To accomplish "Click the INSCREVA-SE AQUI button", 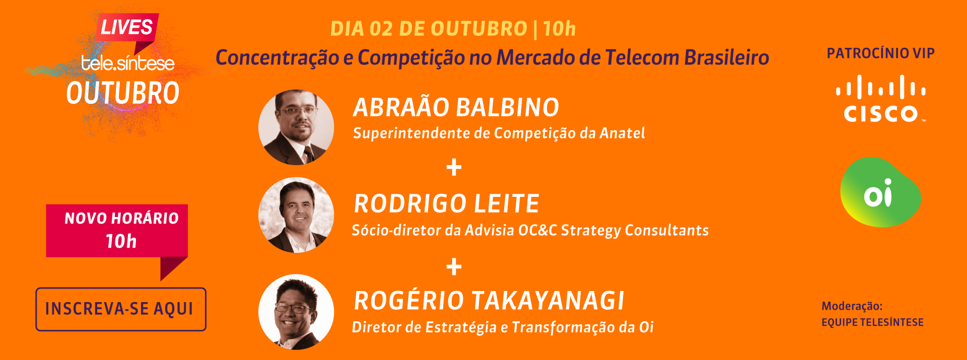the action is point(121,309).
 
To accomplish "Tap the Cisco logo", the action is point(880,99).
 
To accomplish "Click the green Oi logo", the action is point(880,192).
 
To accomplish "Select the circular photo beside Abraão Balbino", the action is point(296,127).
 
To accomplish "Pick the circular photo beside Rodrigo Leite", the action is point(296,215).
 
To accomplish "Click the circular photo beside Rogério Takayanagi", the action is point(296,312).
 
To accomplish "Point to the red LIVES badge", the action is point(127,27).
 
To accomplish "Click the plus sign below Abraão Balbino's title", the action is point(454,167).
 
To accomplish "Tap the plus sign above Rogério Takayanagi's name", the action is point(454,267).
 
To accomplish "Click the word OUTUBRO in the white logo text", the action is point(123,93).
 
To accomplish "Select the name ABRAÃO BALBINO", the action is point(456,107).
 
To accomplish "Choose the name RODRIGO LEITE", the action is point(447,204).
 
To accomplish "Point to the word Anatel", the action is point(623,133).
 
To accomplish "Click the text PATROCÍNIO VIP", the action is point(881,53).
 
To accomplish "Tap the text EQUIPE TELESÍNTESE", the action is point(873,322).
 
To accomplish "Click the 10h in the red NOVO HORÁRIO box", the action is point(121,242).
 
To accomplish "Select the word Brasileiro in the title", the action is point(727,57).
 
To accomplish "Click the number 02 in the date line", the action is point(381,29).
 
